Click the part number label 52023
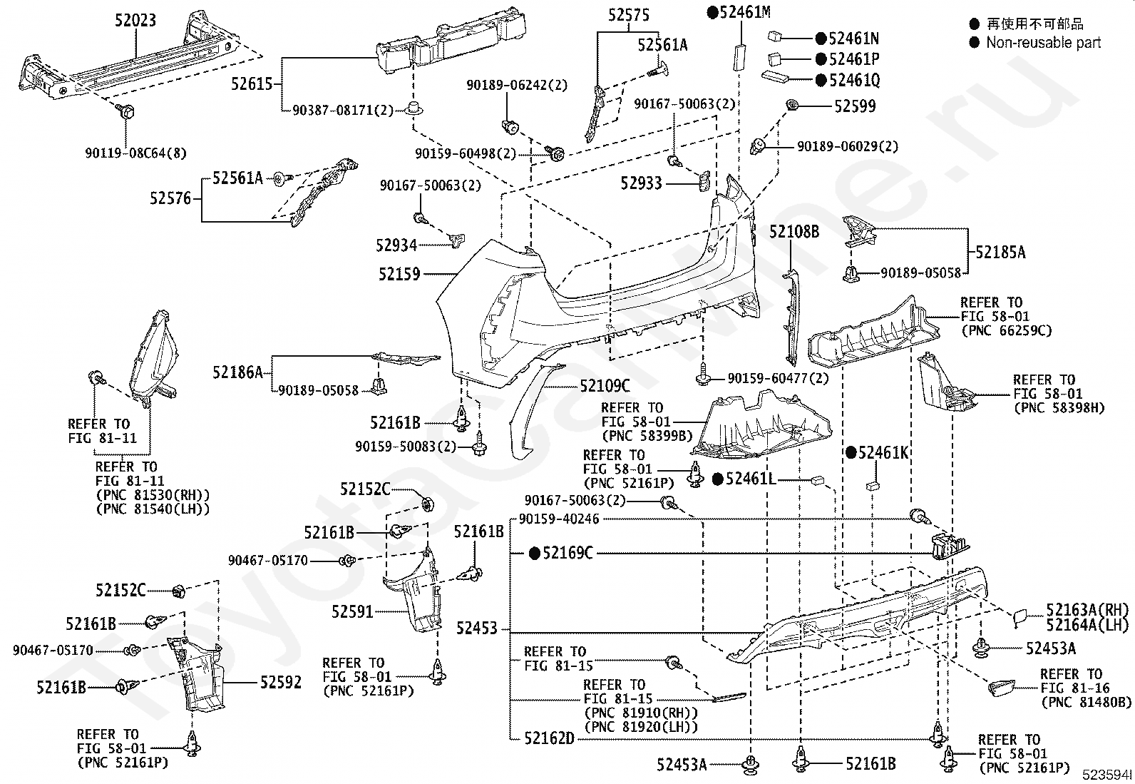tap(135, 20)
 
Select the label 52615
tap(252, 83)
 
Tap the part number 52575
tap(628, 15)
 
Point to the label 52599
tap(855, 106)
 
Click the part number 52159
tap(399, 275)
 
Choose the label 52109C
tap(605, 387)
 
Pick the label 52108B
tap(794, 232)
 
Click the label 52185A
tap(1000, 252)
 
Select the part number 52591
tap(352, 611)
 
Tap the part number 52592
tap(281, 683)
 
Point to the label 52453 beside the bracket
tap(477, 628)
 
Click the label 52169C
tap(567, 553)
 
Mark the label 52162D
tap(549, 738)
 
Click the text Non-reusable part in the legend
tap(1043, 43)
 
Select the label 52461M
tap(745, 12)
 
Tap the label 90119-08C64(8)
tap(135, 153)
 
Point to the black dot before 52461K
tap(851, 452)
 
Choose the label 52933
tap(642, 183)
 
